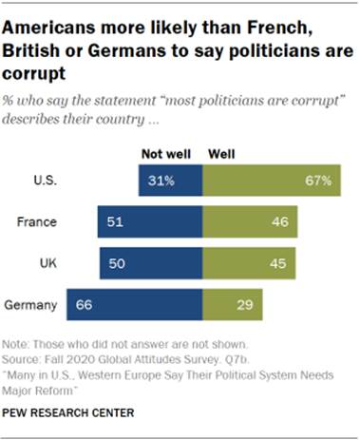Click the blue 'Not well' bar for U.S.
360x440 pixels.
tap(170, 179)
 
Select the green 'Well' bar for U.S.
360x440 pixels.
tap(272, 179)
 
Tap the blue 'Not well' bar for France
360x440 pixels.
tap(149, 221)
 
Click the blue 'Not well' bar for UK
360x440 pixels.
tap(150, 263)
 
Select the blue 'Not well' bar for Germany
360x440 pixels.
tap(134, 305)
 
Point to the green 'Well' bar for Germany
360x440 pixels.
tap(232, 305)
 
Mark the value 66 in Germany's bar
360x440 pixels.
tap(85, 305)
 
